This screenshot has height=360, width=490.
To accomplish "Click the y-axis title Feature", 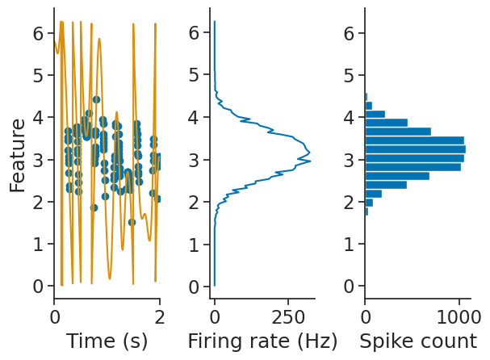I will click(18, 155).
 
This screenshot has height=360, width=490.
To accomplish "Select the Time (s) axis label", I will click(107, 341).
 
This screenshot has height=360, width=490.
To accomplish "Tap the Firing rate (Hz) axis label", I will click(262, 341).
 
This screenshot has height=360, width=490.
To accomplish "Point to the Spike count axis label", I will click(418, 341).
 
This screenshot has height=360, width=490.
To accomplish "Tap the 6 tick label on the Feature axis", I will click(37, 34).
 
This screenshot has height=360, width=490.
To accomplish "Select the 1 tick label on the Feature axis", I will click(37, 245).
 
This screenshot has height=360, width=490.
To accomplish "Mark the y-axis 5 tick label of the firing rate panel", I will click(194, 76).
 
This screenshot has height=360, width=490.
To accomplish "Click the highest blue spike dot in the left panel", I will click(96, 99).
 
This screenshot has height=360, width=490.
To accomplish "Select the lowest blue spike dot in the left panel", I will click(132, 222).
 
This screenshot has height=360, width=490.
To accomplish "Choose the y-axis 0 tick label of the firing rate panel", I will click(194, 287).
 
